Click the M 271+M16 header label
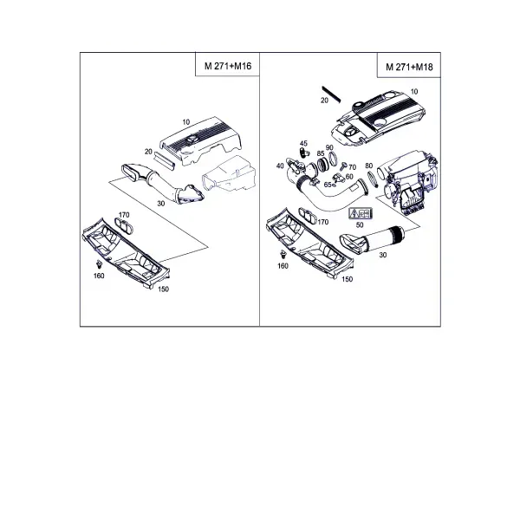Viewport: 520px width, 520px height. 228,66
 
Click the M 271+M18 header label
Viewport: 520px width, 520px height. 409,67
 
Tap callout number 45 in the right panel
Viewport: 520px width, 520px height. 303,144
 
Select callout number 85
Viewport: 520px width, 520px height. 321,153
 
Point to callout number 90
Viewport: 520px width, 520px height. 329,147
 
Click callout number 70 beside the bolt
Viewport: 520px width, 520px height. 352,167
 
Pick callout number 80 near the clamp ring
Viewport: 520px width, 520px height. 369,166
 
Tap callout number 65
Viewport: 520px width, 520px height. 328,185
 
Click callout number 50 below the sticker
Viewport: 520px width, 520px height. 360,224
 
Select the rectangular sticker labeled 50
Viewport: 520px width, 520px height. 361,213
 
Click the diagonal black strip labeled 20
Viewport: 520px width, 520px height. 331,94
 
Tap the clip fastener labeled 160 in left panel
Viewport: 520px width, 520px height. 99,264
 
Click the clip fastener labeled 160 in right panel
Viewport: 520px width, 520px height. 283,254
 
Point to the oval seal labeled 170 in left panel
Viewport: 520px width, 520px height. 124,225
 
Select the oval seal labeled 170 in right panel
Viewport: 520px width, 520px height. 309,216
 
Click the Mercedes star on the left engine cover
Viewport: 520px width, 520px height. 192,140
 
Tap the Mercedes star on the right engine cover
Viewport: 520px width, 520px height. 351,133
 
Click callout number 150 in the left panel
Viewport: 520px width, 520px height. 163,289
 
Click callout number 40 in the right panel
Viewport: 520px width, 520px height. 280,166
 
